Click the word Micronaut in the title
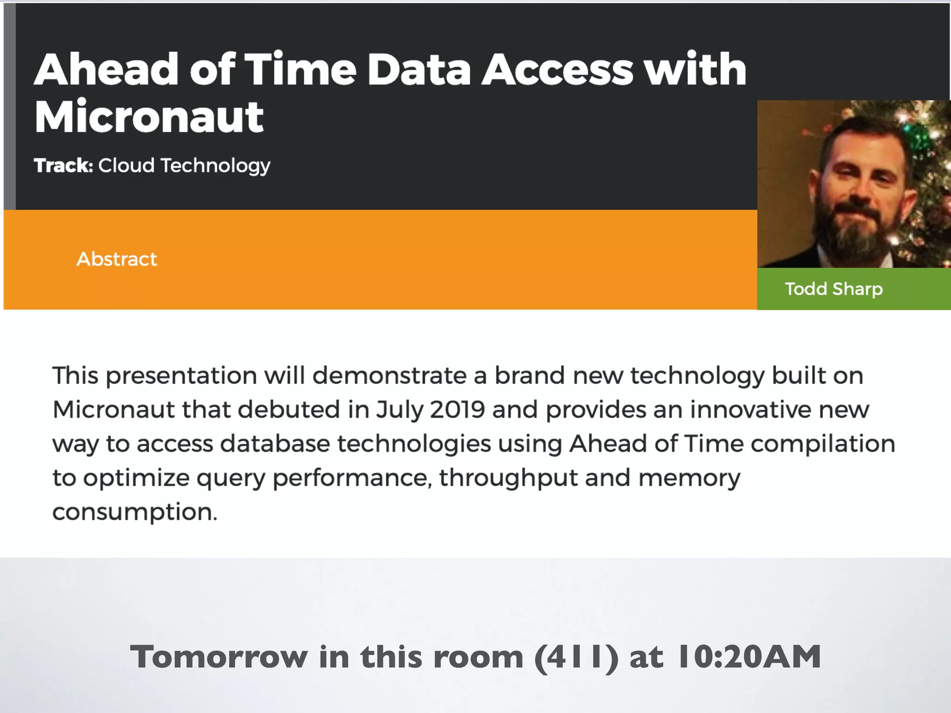pos(149,117)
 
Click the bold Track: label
pos(64,166)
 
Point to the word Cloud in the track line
pos(126,166)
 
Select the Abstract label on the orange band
pos(117,259)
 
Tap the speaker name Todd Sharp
pos(834,289)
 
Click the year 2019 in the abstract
pos(457,410)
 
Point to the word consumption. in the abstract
pos(135,512)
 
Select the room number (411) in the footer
pos(576,657)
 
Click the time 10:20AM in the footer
pos(749,657)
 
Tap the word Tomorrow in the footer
pos(219,657)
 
